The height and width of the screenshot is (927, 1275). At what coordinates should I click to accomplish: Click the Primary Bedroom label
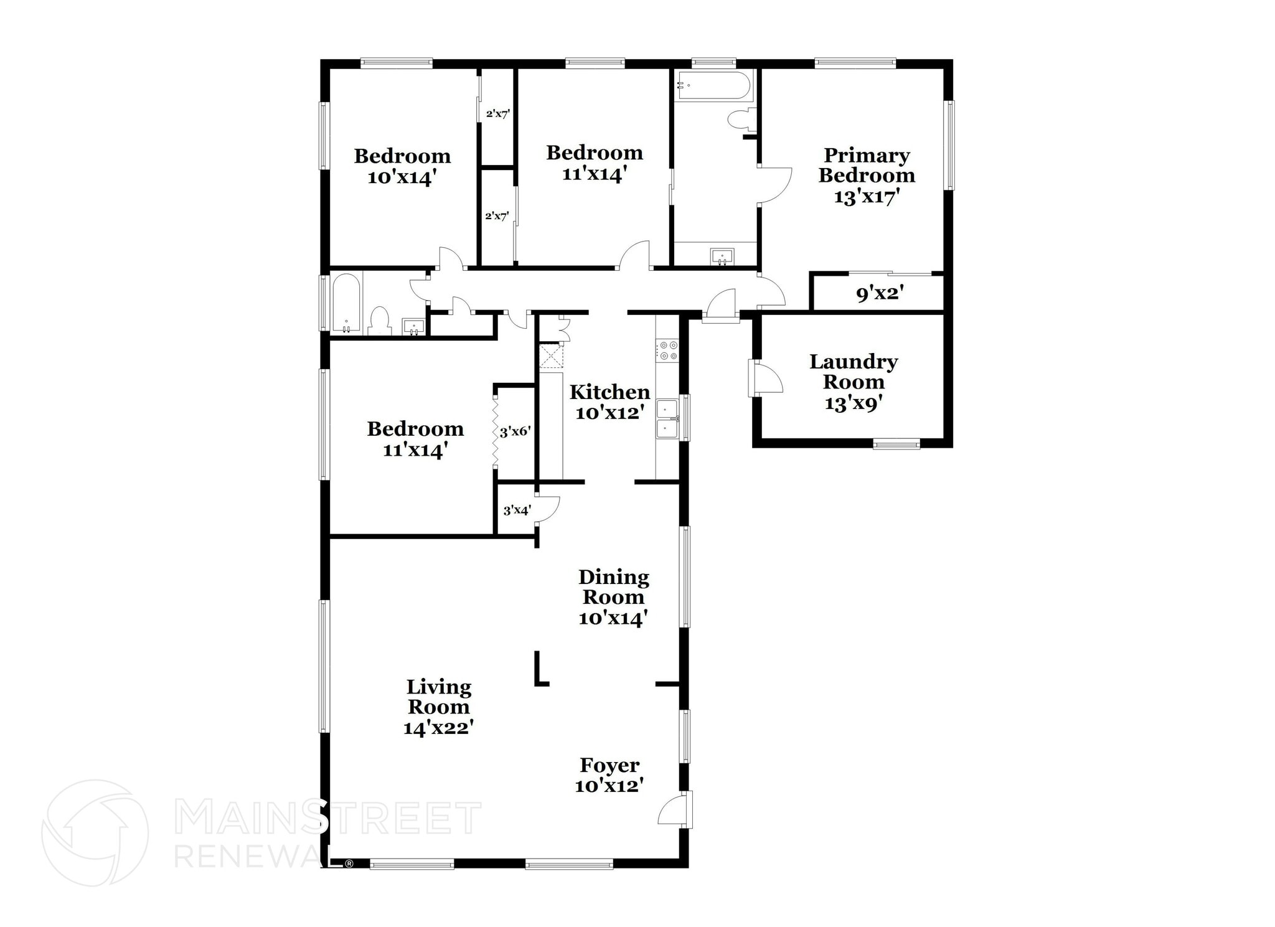[867, 165]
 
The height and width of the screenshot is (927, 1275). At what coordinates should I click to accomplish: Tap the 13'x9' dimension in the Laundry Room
[854, 403]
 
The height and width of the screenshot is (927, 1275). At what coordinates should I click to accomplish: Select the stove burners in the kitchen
[669, 350]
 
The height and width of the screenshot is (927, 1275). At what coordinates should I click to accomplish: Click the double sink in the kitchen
[667, 420]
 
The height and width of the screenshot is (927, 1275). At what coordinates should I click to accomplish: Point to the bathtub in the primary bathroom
[713, 85]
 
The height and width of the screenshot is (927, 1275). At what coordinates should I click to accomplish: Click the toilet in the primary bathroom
[741, 119]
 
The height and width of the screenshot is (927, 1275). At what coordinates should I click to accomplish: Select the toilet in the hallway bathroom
[379, 321]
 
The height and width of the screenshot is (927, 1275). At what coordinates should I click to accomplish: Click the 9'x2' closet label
[880, 293]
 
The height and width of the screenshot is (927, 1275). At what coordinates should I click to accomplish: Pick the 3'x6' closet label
[515, 431]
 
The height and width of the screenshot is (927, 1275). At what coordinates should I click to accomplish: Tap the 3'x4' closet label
[517, 511]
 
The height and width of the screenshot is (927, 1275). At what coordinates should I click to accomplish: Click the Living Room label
[438, 697]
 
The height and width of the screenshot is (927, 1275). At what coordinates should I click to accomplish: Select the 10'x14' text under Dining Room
[613, 618]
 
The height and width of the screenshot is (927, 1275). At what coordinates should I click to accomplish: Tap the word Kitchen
[609, 392]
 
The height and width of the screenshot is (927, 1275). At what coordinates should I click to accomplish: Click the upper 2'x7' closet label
[498, 114]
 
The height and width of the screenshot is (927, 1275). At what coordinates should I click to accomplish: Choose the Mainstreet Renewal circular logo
[95, 833]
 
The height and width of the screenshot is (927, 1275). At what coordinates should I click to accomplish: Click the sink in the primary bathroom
[722, 256]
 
